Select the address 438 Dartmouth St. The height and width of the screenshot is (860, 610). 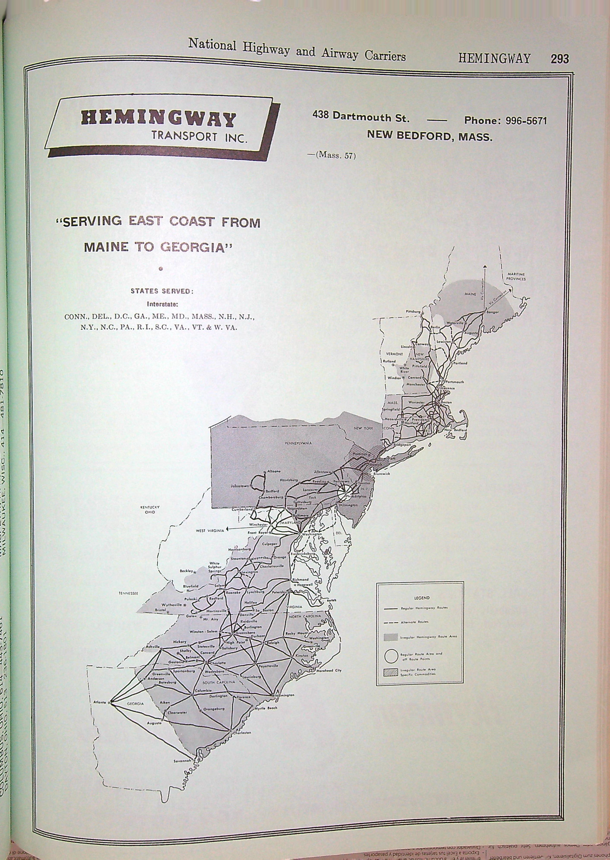click(361, 117)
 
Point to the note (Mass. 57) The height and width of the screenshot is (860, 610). click(335, 155)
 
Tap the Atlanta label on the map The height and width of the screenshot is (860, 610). click(100, 701)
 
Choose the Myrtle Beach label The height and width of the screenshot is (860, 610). click(266, 708)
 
